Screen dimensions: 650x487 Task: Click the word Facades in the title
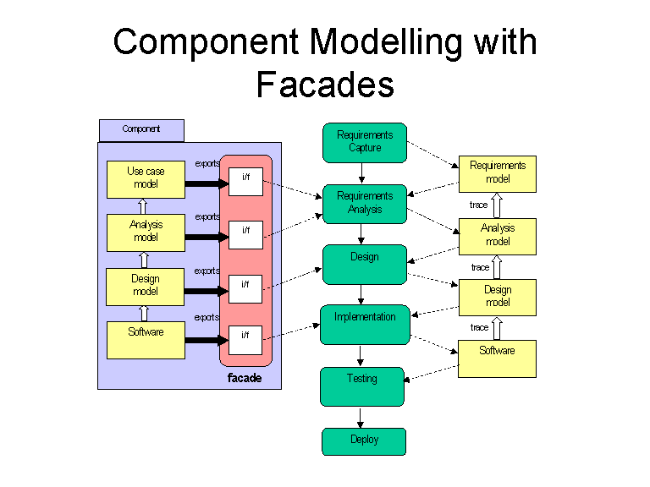click(x=325, y=84)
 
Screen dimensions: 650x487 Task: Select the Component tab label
click(x=141, y=130)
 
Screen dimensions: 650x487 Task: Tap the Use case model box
click(x=146, y=179)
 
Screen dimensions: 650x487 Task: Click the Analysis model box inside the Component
click(x=146, y=233)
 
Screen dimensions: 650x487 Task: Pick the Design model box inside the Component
click(x=145, y=287)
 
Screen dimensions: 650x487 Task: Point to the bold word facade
click(x=245, y=378)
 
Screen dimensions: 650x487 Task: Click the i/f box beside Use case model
click(x=245, y=182)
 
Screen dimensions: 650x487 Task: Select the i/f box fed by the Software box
click(x=245, y=341)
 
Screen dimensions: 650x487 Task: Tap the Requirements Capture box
click(x=365, y=142)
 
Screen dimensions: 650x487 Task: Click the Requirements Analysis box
click(x=365, y=204)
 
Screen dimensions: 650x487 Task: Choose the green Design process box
click(x=365, y=265)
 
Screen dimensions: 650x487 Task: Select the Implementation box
click(x=366, y=325)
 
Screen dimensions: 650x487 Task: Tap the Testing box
click(x=362, y=386)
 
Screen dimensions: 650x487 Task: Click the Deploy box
click(x=364, y=441)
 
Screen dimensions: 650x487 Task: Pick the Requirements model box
click(x=498, y=174)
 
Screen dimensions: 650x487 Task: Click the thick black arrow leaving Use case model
click(x=207, y=183)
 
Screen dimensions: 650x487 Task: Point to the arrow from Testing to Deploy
click(x=361, y=418)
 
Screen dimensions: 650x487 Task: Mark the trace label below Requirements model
click(x=478, y=205)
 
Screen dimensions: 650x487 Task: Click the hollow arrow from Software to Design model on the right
click(x=497, y=328)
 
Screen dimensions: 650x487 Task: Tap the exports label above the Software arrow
click(x=207, y=317)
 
